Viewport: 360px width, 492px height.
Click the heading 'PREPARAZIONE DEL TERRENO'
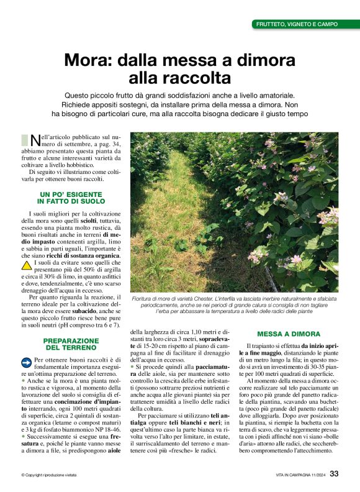tap(71, 344)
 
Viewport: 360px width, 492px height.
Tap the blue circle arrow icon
tap(26, 362)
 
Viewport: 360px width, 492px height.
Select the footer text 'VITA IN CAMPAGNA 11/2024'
tap(300, 475)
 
